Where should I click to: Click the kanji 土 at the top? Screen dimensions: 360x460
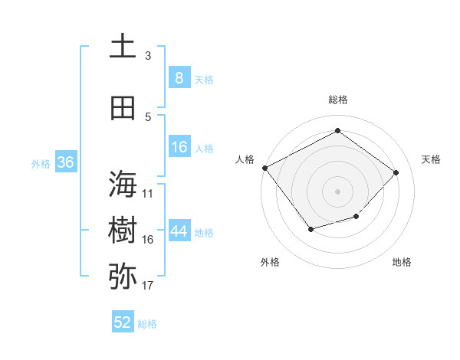(123, 46)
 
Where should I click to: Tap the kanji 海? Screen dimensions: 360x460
(123, 184)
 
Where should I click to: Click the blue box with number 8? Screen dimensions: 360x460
(179, 77)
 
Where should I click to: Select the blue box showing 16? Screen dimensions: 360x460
(179, 147)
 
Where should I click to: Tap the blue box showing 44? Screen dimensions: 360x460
(179, 231)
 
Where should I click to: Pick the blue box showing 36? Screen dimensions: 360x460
(66, 162)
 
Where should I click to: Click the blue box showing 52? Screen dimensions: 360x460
(123, 322)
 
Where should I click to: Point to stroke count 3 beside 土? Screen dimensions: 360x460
(148, 56)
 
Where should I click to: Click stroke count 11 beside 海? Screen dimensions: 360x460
(148, 194)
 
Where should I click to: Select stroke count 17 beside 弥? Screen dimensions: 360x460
(148, 286)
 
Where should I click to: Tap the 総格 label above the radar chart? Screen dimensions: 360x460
(338, 100)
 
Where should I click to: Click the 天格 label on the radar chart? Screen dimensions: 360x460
(431, 159)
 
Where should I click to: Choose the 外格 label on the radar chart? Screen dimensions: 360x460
(270, 262)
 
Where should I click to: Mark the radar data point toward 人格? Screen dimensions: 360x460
(264, 168)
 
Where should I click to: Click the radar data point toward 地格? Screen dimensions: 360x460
(356, 217)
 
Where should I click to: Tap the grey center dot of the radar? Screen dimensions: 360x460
(337, 191)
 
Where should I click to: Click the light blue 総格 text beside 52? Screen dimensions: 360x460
(147, 324)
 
